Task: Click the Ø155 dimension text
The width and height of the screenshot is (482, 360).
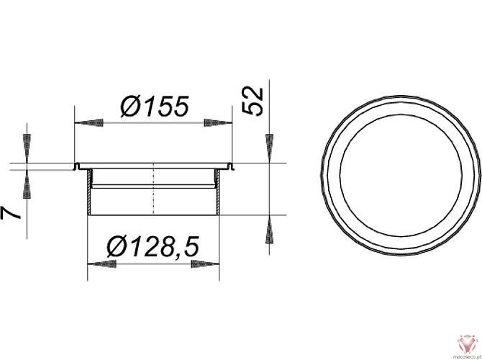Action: tap(154, 107)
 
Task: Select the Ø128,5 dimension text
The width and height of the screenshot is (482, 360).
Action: tap(152, 246)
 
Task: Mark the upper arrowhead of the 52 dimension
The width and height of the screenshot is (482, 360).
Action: tap(269, 148)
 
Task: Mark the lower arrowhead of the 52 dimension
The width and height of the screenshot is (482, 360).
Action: tap(269, 231)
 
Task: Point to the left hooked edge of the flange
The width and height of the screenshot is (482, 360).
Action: tap(76, 167)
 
